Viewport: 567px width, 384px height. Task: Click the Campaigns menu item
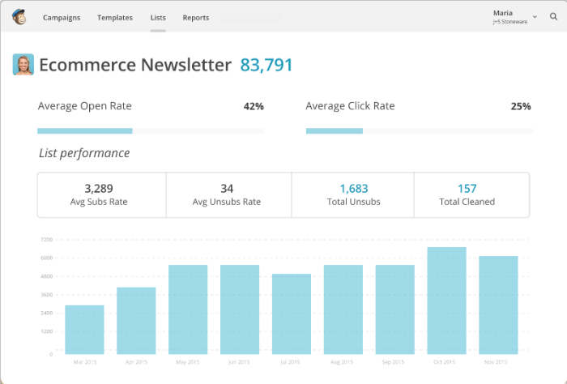tap(62, 17)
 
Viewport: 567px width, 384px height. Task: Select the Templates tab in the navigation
tap(115, 17)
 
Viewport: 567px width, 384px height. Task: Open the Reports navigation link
tap(195, 17)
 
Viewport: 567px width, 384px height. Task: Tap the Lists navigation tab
tap(158, 17)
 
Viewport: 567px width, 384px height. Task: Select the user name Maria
tap(503, 13)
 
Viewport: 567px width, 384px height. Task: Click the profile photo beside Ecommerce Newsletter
tap(23, 65)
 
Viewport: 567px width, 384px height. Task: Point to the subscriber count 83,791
tap(266, 65)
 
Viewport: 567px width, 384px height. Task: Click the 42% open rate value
tap(254, 106)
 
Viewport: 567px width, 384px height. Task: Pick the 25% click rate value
tap(521, 106)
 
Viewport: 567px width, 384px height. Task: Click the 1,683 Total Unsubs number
tap(353, 188)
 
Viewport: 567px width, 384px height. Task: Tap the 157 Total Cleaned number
tap(467, 188)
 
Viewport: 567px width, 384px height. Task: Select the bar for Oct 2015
tap(446, 300)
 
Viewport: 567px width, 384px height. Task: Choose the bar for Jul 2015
tap(292, 314)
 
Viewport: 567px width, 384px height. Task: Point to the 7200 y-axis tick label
tap(45, 240)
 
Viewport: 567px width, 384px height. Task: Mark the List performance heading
tap(84, 153)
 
